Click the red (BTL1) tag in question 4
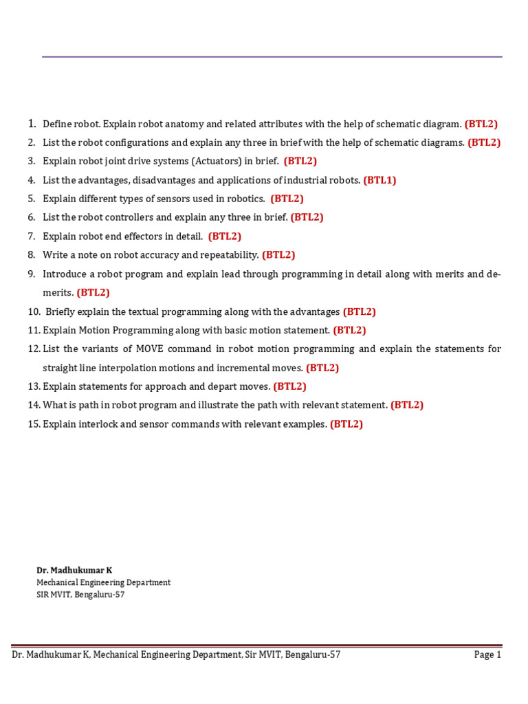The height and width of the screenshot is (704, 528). click(x=379, y=180)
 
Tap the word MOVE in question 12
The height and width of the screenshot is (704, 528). click(x=150, y=349)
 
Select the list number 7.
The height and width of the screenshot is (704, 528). click(x=32, y=236)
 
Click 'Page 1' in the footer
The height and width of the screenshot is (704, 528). click(x=487, y=654)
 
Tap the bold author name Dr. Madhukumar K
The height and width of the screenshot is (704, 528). click(x=74, y=570)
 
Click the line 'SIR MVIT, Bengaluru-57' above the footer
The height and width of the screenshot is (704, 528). click(x=80, y=595)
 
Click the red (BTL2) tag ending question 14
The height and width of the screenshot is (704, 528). click(x=407, y=405)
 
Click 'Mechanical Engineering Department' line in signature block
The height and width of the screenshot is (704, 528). click(x=103, y=582)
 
